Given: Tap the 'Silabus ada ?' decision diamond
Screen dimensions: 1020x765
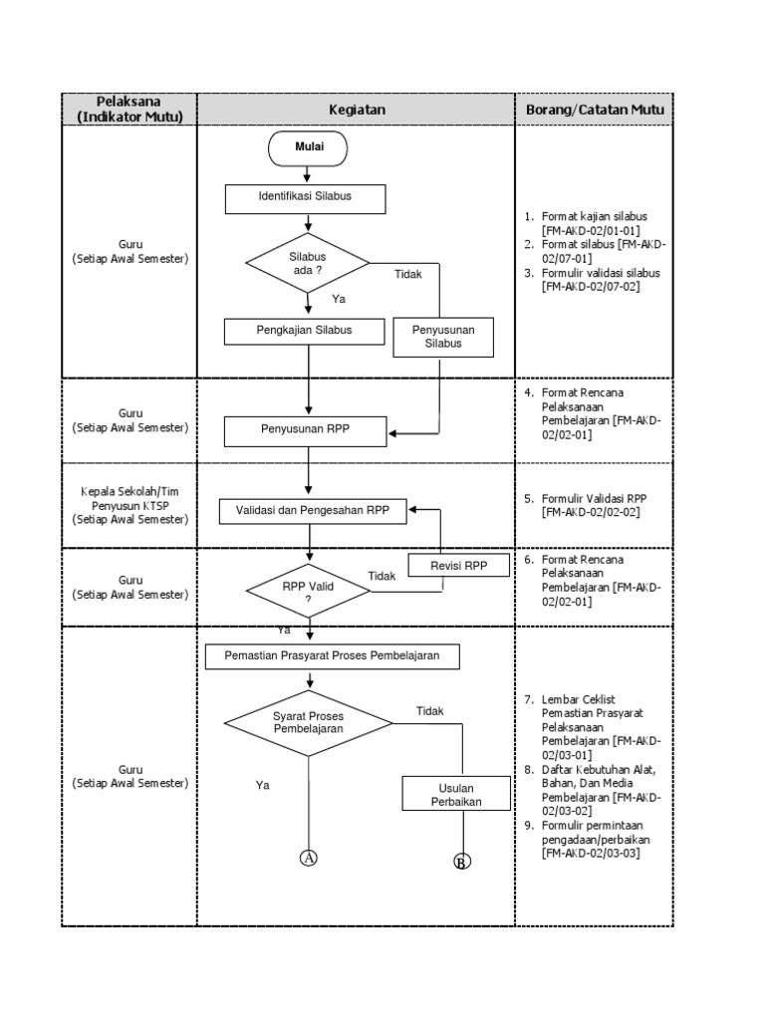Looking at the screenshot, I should click(308, 264).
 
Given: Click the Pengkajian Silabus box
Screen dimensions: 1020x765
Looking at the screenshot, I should click(305, 330).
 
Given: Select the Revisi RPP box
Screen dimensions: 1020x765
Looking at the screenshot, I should click(458, 566).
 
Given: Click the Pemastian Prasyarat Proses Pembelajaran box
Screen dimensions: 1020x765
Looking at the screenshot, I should click(332, 657).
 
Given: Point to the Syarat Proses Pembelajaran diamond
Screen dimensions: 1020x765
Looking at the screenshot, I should click(308, 722).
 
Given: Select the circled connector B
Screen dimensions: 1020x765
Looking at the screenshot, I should click(461, 862).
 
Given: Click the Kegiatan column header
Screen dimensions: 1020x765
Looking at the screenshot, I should click(357, 109).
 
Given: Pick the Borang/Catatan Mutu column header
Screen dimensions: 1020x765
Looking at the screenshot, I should click(594, 109).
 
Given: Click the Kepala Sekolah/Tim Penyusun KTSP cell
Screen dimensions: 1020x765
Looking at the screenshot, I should click(129, 505).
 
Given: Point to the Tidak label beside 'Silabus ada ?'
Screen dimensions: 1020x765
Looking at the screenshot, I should click(407, 273).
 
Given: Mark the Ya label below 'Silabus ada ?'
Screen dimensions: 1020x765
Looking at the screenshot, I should click(339, 298).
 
